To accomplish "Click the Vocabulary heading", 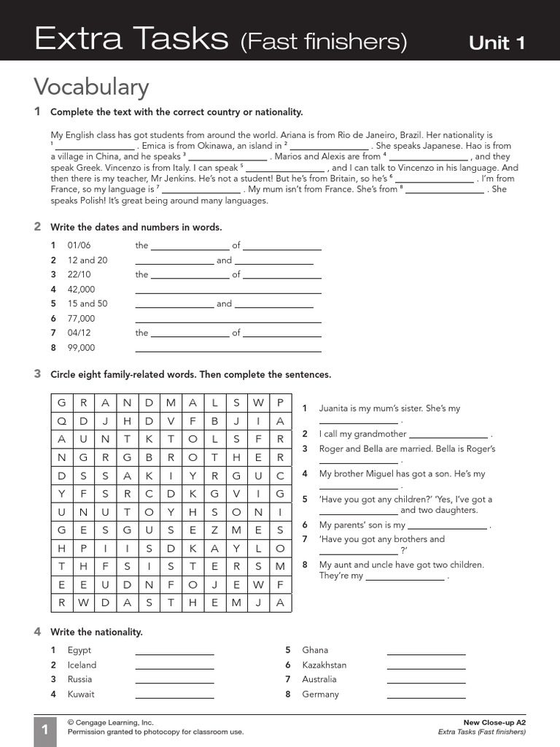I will click(x=91, y=87).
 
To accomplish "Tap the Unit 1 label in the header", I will click(x=497, y=43).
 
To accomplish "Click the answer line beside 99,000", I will click(x=228, y=350).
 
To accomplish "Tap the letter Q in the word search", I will click(x=62, y=421).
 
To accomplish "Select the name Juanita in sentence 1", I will click(x=335, y=409).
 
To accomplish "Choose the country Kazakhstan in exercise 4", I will click(x=324, y=665).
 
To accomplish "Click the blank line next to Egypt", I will click(x=174, y=653).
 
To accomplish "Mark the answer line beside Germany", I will click(x=426, y=697).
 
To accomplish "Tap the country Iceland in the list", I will click(x=82, y=665).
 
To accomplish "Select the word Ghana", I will click(x=315, y=650).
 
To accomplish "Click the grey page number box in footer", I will click(x=44, y=730).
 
